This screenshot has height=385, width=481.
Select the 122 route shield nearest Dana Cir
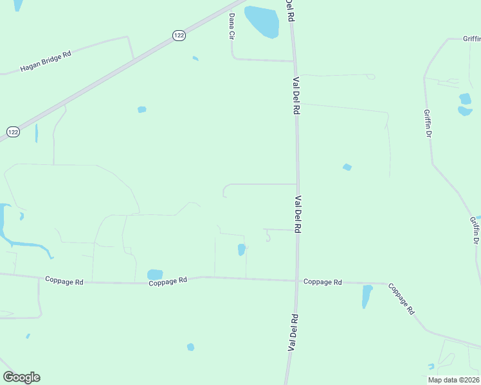click(179, 36)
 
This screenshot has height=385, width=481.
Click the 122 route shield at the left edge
click(13, 132)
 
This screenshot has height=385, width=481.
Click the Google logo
click(21, 377)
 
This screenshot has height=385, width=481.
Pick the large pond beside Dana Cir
click(262, 21)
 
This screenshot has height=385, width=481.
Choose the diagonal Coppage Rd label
click(401, 298)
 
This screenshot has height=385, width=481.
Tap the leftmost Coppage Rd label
click(64, 281)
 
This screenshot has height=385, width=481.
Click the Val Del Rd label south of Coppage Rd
click(293, 332)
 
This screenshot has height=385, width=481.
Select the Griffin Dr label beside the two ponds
click(428, 123)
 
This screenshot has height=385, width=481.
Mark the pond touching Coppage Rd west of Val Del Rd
click(155, 275)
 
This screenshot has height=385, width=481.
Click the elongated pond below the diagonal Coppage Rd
click(367, 296)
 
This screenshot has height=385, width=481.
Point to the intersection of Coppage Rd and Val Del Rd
click(297, 280)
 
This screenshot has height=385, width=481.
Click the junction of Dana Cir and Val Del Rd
click(295, 62)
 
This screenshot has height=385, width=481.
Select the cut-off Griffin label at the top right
click(471, 38)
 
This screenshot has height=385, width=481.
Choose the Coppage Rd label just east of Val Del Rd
click(323, 282)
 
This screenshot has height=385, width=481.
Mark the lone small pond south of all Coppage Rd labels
click(190, 347)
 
